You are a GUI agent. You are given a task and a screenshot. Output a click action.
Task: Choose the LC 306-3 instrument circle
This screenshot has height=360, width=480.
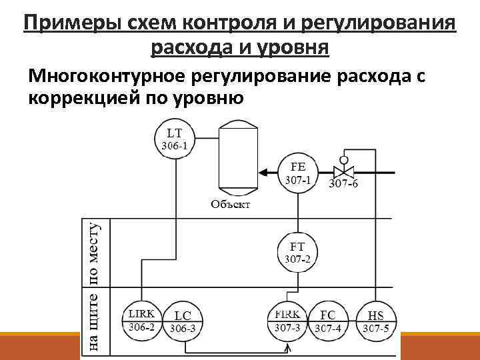pyautogui.click(x=182, y=321)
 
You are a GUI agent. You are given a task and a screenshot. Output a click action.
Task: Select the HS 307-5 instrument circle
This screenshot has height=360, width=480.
pyautogui.click(x=375, y=321)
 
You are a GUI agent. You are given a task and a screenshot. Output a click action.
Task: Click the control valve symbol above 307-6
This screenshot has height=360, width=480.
pyautogui.click(x=344, y=171)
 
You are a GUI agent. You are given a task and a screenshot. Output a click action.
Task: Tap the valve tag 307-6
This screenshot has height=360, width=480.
pyautogui.click(x=343, y=185)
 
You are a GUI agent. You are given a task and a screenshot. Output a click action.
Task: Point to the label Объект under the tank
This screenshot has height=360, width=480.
pyautogui.click(x=231, y=204)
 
